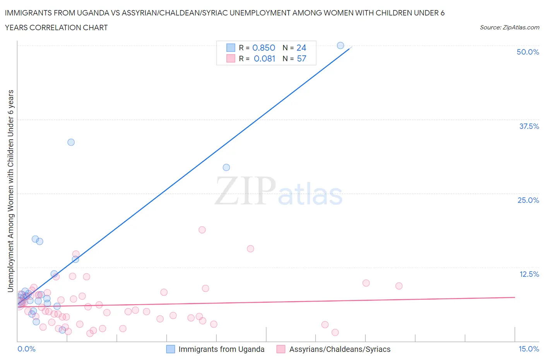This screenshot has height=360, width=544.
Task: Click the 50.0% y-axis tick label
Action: click(x=527, y=52)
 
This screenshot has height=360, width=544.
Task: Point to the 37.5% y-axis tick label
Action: click(x=529, y=126)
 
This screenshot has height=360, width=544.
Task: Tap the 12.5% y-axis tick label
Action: click(x=529, y=274)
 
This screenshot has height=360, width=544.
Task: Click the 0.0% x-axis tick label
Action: click(x=26, y=349)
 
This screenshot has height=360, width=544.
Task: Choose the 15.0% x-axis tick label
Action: click(x=529, y=349)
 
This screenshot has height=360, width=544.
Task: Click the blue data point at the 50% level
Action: click(x=340, y=46)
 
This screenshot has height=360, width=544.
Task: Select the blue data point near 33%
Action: click(x=71, y=142)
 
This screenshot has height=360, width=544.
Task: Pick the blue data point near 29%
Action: click(x=226, y=167)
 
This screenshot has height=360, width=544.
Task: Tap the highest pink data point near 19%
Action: click(x=202, y=230)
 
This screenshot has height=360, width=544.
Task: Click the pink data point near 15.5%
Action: click(x=250, y=249)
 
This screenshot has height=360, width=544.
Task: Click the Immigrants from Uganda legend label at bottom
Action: click(x=221, y=349)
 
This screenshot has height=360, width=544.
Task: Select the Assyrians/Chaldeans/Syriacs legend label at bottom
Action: click(x=340, y=349)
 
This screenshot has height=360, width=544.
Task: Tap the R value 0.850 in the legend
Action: click(x=263, y=48)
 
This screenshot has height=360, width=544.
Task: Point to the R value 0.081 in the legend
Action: click(x=264, y=58)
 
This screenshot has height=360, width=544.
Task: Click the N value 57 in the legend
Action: click(x=301, y=58)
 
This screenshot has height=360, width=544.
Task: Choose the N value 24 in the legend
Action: click(x=301, y=48)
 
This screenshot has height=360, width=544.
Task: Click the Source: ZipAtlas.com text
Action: click(x=509, y=27)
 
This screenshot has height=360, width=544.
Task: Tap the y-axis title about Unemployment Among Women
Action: click(x=10, y=191)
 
